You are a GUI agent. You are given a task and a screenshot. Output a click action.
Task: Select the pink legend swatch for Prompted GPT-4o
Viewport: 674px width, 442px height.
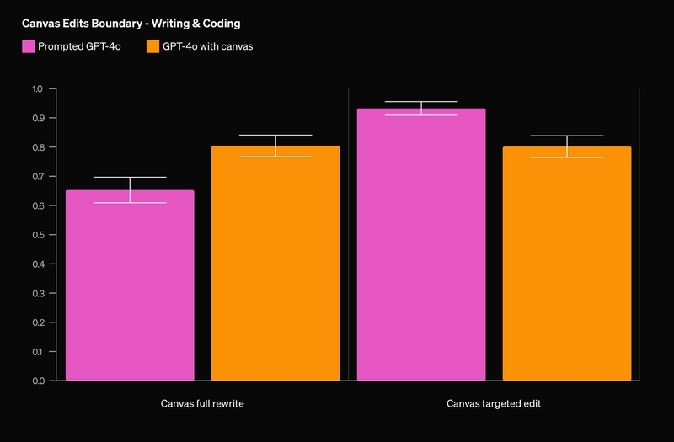(x=28, y=46)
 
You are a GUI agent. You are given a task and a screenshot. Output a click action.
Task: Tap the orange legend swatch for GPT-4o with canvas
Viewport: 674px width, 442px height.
(x=152, y=46)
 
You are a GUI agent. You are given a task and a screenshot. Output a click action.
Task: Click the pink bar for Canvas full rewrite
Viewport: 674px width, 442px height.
(x=130, y=286)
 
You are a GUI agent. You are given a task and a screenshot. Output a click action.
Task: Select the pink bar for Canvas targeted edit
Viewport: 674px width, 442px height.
(x=421, y=244)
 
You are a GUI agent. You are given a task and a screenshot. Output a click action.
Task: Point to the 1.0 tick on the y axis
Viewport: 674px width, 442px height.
(x=38, y=88)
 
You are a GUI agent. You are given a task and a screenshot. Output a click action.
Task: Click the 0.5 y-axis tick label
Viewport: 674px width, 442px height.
(x=38, y=235)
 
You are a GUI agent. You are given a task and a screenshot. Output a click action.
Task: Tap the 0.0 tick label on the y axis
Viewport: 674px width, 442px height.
(x=38, y=381)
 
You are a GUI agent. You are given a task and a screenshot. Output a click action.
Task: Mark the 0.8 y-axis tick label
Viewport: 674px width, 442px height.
(x=38, y=147)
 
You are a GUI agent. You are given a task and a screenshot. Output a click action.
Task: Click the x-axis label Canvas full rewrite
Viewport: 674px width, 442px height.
(x=202, y=404)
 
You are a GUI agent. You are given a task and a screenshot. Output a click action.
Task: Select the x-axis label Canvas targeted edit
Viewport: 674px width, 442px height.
(x=494, y=404)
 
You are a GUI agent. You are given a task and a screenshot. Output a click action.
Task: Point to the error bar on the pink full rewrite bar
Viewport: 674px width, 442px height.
(x=130, y=189)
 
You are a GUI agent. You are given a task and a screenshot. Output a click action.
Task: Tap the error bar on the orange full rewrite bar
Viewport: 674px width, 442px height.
(x=275, y=146)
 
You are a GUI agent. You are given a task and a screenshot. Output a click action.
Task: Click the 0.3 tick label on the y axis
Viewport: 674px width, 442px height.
(x=38, y=293)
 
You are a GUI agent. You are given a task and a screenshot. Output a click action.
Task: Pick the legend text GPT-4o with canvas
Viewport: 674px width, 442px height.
(x=208, y=46)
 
